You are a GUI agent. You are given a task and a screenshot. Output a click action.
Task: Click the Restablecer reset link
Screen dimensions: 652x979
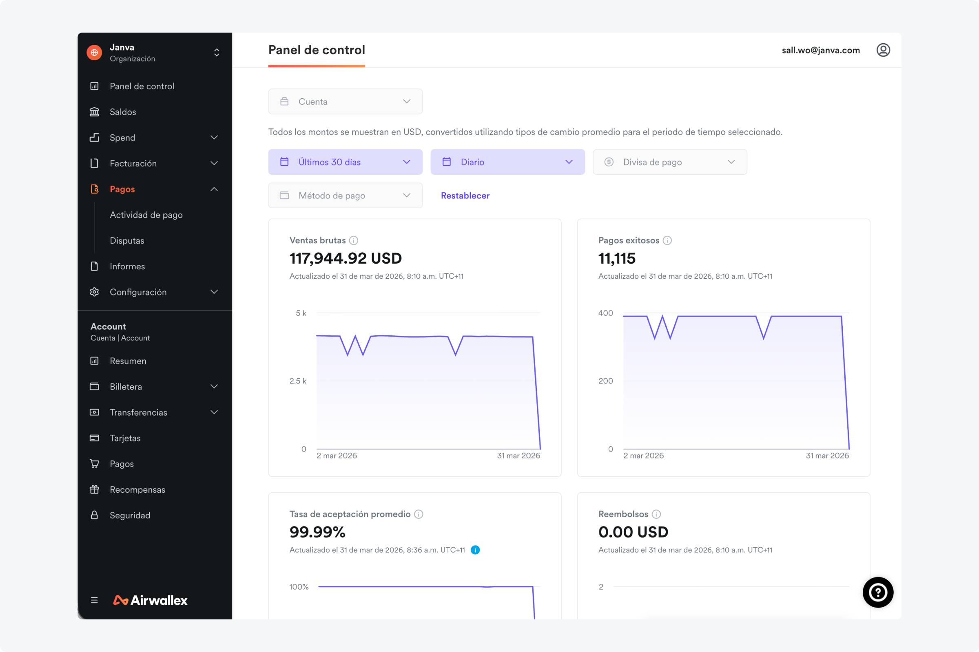(x=465, y=196)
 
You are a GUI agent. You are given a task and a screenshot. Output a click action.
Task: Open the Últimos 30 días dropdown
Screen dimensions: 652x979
(x=345, y=162)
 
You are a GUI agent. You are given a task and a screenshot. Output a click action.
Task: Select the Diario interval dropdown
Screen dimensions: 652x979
(x=507, y=162)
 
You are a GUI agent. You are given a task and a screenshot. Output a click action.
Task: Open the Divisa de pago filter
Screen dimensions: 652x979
(x=669, y=162)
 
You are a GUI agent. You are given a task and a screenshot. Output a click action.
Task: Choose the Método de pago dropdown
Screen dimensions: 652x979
(x=345, y=196)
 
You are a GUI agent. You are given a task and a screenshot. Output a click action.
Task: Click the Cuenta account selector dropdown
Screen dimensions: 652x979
(x=345, y=101)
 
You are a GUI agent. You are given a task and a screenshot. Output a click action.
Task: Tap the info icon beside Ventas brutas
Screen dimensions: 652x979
(x=353, y=240)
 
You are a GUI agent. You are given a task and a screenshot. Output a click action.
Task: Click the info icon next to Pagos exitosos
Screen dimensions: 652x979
(x=667, y=240)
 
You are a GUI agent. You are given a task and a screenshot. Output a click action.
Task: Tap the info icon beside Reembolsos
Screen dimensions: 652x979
(x=656, y=514)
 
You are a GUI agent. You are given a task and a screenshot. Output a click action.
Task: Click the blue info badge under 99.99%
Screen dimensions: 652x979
(x=475, y=550)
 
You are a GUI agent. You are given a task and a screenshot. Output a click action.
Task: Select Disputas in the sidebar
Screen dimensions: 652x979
(x=127, y=241)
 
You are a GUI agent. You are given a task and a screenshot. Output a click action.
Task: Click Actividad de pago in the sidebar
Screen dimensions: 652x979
(x=146, y=215)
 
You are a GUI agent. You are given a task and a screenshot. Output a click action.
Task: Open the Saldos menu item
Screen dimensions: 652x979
(x=123, y=112)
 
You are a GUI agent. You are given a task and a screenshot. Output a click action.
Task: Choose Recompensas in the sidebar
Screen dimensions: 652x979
(x=137, y=490)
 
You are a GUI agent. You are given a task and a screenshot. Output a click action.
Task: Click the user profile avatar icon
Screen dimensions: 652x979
(x=883, y=50)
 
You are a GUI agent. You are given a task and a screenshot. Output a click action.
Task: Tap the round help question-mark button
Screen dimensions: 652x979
(x=878, y=592)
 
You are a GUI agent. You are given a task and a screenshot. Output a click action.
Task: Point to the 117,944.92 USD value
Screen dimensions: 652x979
(x=346, y=258)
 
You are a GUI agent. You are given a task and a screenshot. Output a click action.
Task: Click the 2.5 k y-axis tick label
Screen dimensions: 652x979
(x=298, y=381)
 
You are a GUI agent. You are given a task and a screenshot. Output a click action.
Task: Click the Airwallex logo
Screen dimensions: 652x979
(x=150, y=600)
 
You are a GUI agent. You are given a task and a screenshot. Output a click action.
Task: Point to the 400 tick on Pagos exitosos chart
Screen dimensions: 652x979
(x=605, y=313)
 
